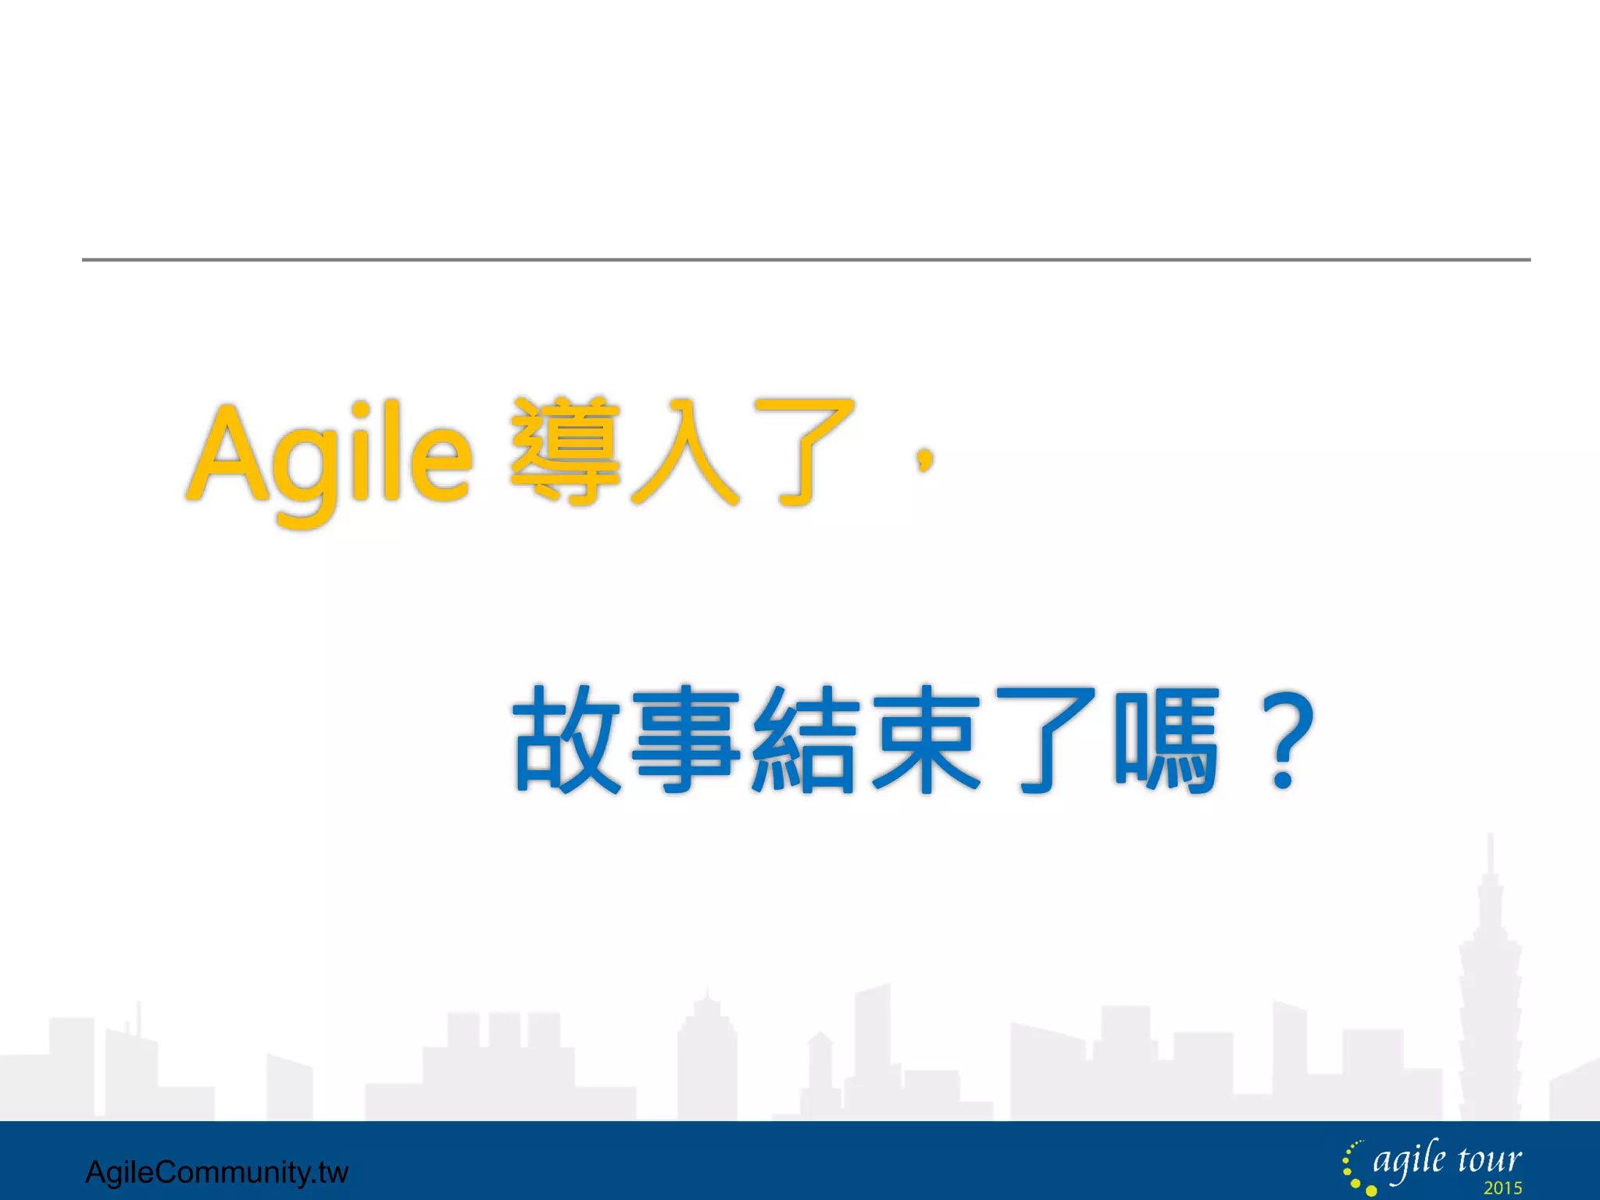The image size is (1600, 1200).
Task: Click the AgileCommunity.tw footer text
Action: pyautogui.click(x=216, y=1172)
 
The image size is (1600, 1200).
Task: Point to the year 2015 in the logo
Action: pyautogui.click(x=1503, y=1188)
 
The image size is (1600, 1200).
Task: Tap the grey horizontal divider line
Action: pyautogui.click(x=805, y=259)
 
